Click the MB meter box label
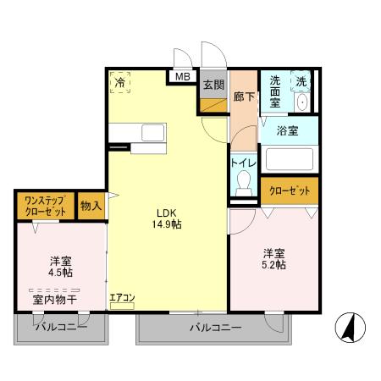(183, 76)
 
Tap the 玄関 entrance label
(213, 85)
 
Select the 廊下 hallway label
(244, 97)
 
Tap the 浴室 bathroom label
(287, 130)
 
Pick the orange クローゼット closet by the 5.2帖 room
(289, 191)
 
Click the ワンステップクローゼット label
(44, 206)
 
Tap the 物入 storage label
(91, 205)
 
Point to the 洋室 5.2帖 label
(273, 259)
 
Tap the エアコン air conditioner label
(122, 297)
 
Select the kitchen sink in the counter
(154, 133)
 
